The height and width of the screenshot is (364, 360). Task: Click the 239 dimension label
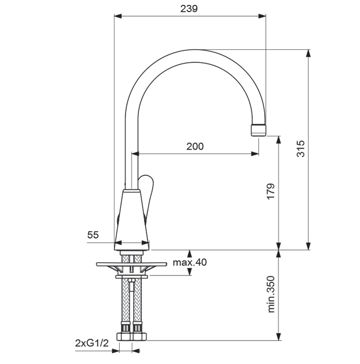point(189,9)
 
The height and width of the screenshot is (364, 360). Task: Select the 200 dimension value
point(195,146)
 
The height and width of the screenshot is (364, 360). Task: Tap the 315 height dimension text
point(301,149)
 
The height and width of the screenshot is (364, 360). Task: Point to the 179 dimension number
point(270,191)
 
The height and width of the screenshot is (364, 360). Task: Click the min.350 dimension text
point(271,294)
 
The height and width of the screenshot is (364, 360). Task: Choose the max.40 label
point(190,262)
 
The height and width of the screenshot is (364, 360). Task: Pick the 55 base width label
point(93,235)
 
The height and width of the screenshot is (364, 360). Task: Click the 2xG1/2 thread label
point(92,343)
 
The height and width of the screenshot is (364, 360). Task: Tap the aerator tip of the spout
point(259,130)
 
